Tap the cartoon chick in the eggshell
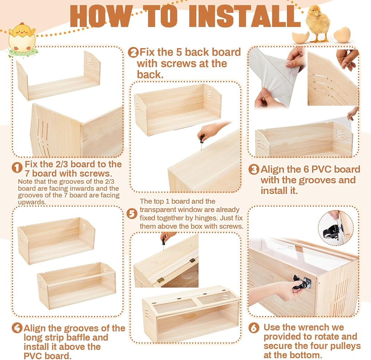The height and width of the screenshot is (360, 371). pyautogui.click(x=22, y=38)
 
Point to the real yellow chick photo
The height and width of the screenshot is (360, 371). pyautogui.click(x=318, y=24)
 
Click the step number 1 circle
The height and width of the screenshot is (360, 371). pyautogui.click(x=17, y=168)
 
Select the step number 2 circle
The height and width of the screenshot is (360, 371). pyautogui.click(x=133, y=52)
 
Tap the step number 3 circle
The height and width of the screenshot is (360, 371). pyautogui.click(x=254, y=169)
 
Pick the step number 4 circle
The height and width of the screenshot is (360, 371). pyautogui.click(x=17, y=328)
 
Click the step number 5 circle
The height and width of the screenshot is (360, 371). pyautogui.click(x=132, y=214)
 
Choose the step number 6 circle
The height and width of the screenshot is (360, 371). pyautogui.click(x=254, y=328)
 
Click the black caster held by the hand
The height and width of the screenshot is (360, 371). pyautogui.click(x=301, y=283)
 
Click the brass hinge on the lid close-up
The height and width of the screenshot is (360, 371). pyautogui.click(x=161, y=280)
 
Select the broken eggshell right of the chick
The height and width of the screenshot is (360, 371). pyautogui.click(x=342, y=35)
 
